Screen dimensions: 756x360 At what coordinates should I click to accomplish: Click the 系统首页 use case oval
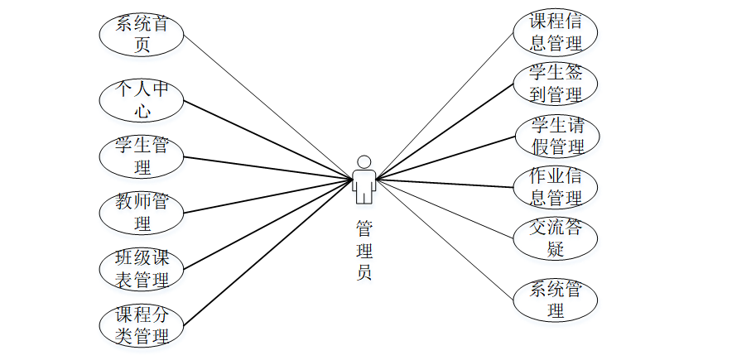point(142,34)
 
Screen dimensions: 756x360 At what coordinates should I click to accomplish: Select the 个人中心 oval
point(142,98)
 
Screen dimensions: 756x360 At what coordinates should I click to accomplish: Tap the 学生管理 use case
point(142,156)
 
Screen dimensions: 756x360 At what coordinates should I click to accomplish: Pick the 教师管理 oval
point(142,213)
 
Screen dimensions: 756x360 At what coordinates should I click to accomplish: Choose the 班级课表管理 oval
point(142,268)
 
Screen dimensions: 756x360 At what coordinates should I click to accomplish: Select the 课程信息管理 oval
point(555,32)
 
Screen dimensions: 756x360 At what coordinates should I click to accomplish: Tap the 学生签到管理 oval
point(555,83)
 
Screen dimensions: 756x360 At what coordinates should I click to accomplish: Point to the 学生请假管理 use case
point(555,135)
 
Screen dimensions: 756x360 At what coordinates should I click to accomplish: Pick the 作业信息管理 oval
point(555,187)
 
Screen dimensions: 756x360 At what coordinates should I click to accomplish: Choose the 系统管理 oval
point(555,300)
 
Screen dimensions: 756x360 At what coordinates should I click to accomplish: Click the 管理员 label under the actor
point(364,249)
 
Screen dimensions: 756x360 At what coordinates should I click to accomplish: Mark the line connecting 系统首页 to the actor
point(265,105)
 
